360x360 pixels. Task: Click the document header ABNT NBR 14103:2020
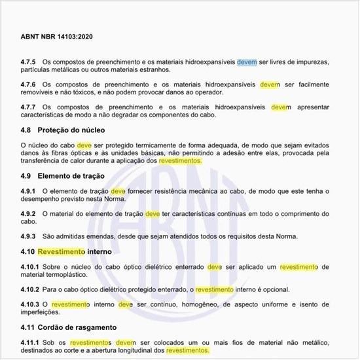coord(58,37)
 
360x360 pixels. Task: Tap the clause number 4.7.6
coord(29,84)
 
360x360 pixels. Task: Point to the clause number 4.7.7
coord(29,107)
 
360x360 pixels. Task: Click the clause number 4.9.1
coord(29,190)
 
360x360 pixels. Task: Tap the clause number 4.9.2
coord(29,213)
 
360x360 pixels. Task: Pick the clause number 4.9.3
coord(29,236)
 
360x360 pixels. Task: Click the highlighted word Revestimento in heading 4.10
coord(62,251)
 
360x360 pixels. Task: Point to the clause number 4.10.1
coord(31,266)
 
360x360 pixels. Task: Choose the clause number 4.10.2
coord(31,289)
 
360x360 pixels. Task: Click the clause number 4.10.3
coord(31,304)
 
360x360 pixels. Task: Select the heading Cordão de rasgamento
coord(77,327)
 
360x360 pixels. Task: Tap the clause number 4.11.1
coord(31,342)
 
